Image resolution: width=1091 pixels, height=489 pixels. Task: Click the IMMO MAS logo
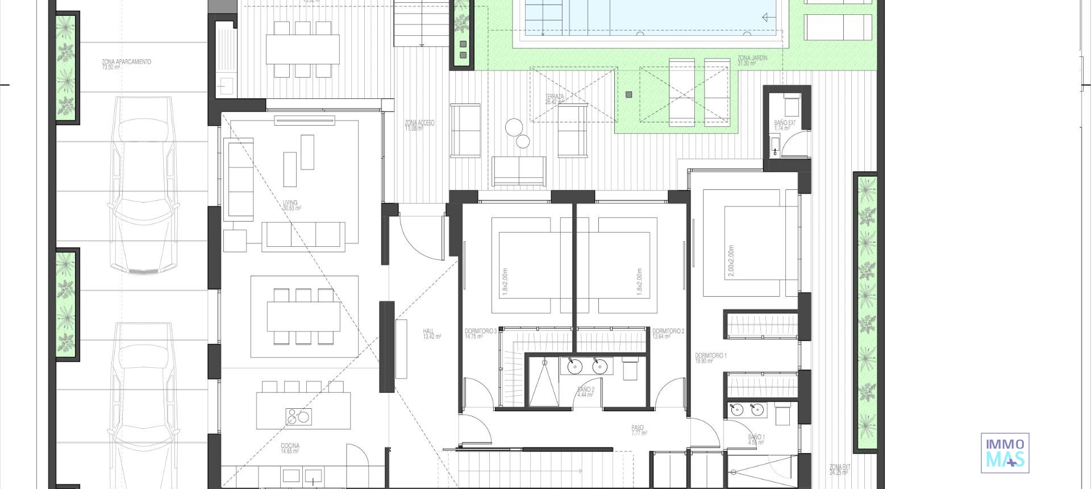tap(1005, 453)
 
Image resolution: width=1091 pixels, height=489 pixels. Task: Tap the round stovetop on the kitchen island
tap(298, 417)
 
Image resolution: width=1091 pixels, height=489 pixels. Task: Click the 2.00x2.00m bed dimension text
tap(731, 262)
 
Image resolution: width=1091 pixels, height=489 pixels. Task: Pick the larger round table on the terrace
tap(514, 127)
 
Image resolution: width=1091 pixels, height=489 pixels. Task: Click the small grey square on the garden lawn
tap(628, 95)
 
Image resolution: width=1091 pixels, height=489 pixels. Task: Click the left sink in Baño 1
tap(737, 410)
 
